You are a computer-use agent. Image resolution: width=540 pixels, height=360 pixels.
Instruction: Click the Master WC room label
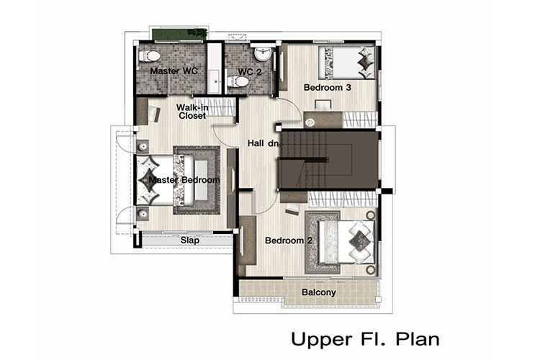tap(174, 71)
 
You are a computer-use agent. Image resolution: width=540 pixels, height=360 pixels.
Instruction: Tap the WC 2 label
tap(250, 72)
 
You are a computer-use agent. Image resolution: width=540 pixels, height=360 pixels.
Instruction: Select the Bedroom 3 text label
tap(327, 88)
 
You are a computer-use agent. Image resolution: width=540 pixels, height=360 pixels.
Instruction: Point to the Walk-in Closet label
tap(192, 112)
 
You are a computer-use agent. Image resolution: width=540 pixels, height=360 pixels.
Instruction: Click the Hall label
tap(256, 143)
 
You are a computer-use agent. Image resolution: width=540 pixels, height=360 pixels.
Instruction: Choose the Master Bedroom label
tap(184, 180)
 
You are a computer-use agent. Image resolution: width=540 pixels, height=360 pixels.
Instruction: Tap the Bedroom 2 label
tap(289, 240)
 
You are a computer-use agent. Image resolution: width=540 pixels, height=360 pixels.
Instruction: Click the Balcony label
tap(318, 292)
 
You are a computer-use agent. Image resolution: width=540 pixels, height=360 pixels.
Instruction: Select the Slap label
tap(190, 240)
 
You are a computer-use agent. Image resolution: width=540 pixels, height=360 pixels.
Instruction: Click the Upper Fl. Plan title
tap(365, 339)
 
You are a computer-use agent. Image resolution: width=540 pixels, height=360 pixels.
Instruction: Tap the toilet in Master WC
tap(149, 56)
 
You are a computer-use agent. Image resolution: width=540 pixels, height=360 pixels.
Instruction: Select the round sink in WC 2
tap(264, 54)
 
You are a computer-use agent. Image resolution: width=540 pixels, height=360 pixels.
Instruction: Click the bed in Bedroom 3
tap(346, 63)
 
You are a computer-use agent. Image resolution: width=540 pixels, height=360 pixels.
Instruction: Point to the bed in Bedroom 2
tap(346, 243)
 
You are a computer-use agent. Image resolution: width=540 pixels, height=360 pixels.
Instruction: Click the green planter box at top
tap(180, 34)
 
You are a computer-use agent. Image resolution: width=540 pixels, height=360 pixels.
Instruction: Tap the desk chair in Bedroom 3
tap(323, 105)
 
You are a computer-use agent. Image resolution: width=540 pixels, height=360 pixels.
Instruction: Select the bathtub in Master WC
tap(215, 68)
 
